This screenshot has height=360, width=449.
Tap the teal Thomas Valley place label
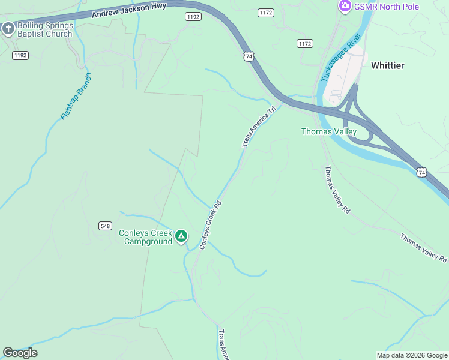(329, 131)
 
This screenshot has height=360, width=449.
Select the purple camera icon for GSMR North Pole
(345, 7)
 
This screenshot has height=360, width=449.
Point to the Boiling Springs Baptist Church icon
(8, 29)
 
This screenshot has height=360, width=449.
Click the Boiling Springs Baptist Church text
(45, 29)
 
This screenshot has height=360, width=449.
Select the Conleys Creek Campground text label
(145, 237)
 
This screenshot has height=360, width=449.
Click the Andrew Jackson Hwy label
(128, 11)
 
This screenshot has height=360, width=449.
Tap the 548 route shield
(106, 225)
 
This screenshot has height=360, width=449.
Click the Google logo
(20, 353)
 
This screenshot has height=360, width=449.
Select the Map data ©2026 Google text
(412, 355)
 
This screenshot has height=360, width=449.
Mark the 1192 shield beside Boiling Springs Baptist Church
(20, 55)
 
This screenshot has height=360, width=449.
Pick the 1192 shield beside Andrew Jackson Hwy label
(193, 17)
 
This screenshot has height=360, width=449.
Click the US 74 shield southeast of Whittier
(422, 172)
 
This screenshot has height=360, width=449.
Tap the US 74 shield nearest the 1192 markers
(249, 56)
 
